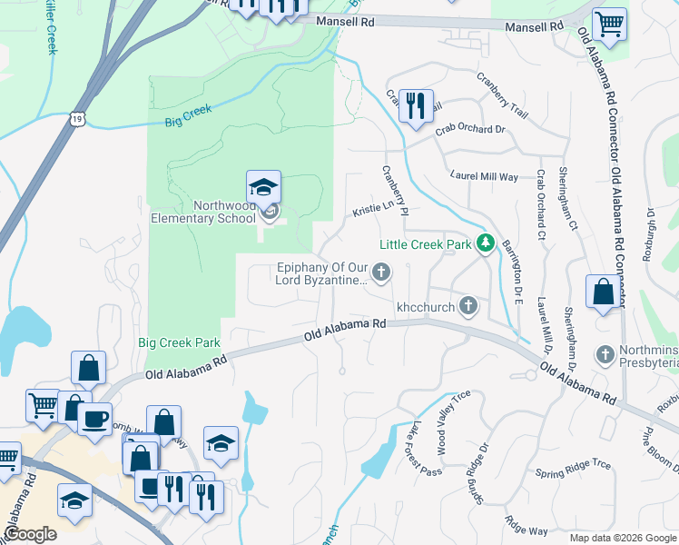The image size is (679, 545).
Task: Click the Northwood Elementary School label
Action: pos(199,212)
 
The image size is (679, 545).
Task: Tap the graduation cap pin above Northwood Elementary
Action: pos(263,188)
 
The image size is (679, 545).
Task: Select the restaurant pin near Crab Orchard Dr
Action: pos(416,105)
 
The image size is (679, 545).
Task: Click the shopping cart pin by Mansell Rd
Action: pos(609,24)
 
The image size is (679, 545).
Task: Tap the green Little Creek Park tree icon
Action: pos(487,243)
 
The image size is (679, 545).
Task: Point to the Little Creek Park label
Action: pos(425,244)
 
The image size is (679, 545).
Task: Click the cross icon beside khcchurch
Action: pos(468,305)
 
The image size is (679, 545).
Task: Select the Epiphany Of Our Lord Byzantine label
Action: pos(322,273)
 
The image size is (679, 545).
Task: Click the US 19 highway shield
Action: pos(78,117)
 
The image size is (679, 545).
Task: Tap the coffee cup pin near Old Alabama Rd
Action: pos(94,419)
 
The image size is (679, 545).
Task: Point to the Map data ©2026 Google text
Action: pos(623,538)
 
